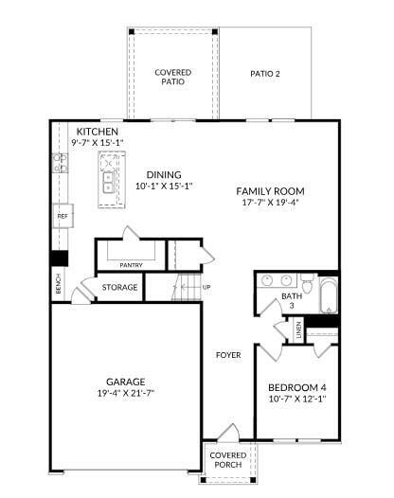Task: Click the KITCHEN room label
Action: pyautogui.click(x=98, y=131)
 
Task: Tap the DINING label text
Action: pyautogui.click(x=164, y=174)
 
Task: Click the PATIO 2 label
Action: pyautogui.click(x=265, y=74)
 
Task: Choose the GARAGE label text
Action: pyautogui.click(x=126, y=382)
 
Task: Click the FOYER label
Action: pyautogui.click(x=227, y=355)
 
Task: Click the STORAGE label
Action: pyautogui.click(x=120, y=287)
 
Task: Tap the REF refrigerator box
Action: pyautogui.click(x=63, y=216)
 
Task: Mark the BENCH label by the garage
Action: pyautogui.click(x=59, y=284)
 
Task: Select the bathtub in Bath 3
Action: pyautogui.click(x=328, y=295)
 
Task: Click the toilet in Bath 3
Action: pyautogui.click(x=307, y=281)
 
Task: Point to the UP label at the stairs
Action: pyautogui.click(x=206, y=287)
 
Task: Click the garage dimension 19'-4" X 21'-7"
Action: pyautogui.click(x=126, y=393)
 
